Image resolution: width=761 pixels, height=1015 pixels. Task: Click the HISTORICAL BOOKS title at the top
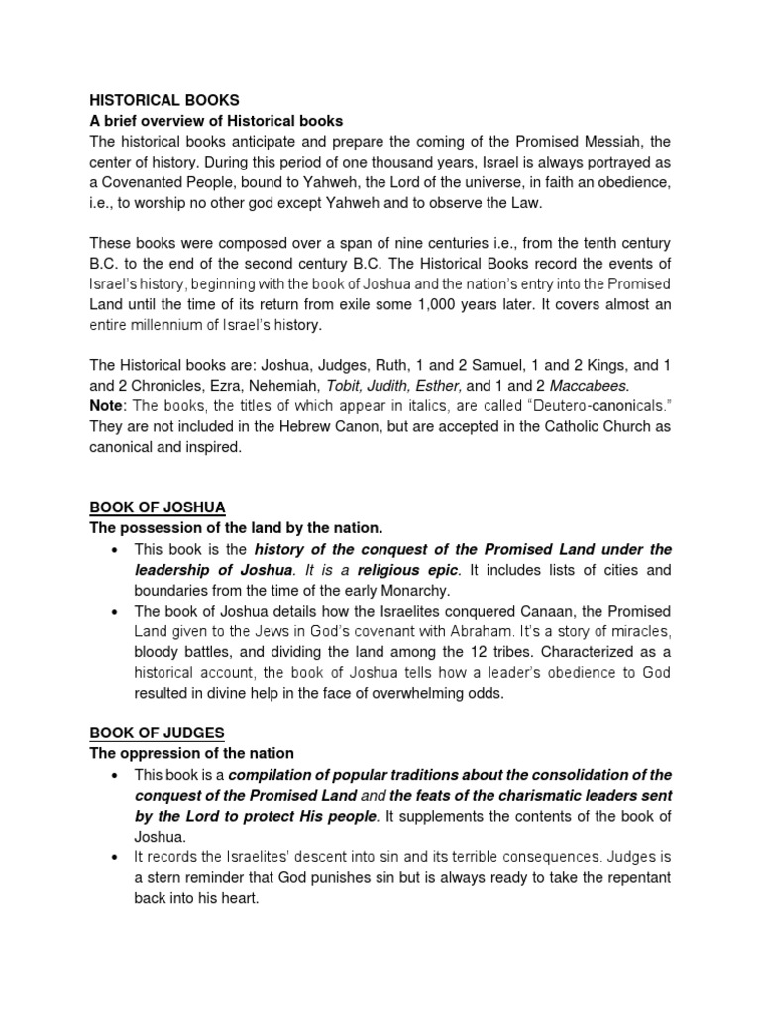coord(164,100)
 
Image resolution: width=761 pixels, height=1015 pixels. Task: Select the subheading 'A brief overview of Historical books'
coord(216,121)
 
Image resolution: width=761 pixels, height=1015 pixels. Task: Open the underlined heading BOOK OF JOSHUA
coord(158,507)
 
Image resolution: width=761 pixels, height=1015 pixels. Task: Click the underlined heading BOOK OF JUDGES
coord(158,733)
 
